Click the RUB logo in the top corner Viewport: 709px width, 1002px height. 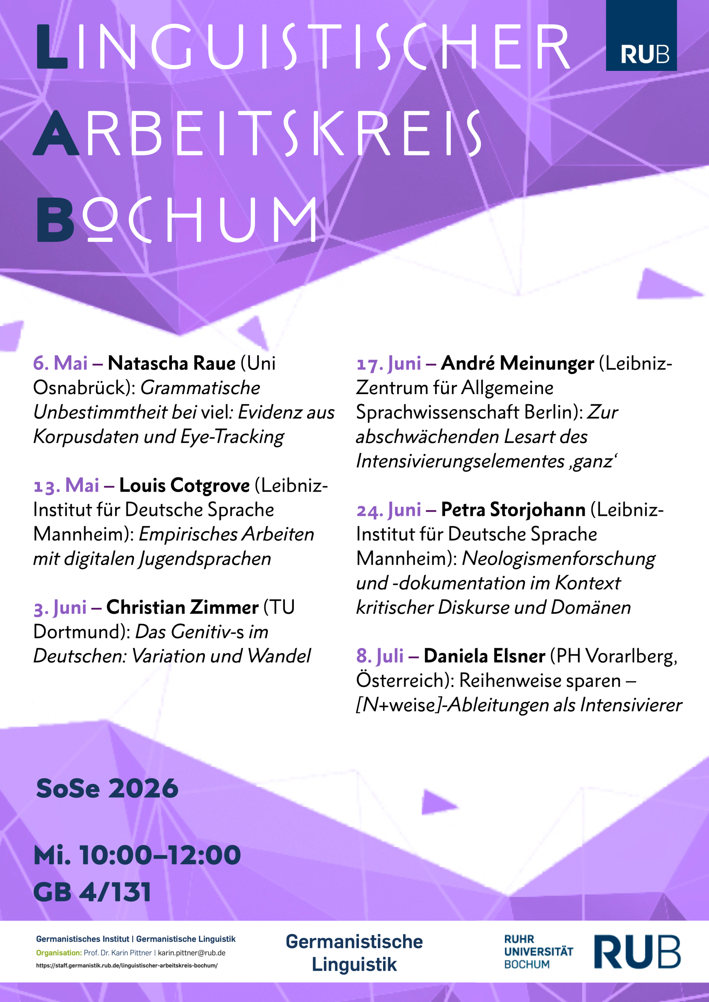[x=641, y=36]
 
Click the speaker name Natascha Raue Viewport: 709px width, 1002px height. [x=171, y=364]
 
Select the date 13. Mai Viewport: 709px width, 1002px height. [x=67, y=486]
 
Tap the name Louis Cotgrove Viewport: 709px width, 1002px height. [x=184, y=486]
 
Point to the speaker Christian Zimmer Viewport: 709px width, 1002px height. [x=182, y=607]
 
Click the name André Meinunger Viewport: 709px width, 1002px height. [x=517, y=364]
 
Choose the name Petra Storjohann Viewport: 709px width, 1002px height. [x=513, y=510]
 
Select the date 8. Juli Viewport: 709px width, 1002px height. [x=380, y=656]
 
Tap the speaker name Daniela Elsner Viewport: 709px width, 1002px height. [x=484, y=656]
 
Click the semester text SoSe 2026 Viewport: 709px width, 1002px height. [x=107, y=789]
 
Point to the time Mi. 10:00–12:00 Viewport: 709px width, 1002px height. [x=137, y=855]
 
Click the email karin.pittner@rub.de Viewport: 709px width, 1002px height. [x=191, y=953]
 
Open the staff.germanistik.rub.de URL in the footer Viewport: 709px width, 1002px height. [x=127, y=965]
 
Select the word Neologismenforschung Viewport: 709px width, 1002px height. [x=558, y=559]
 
